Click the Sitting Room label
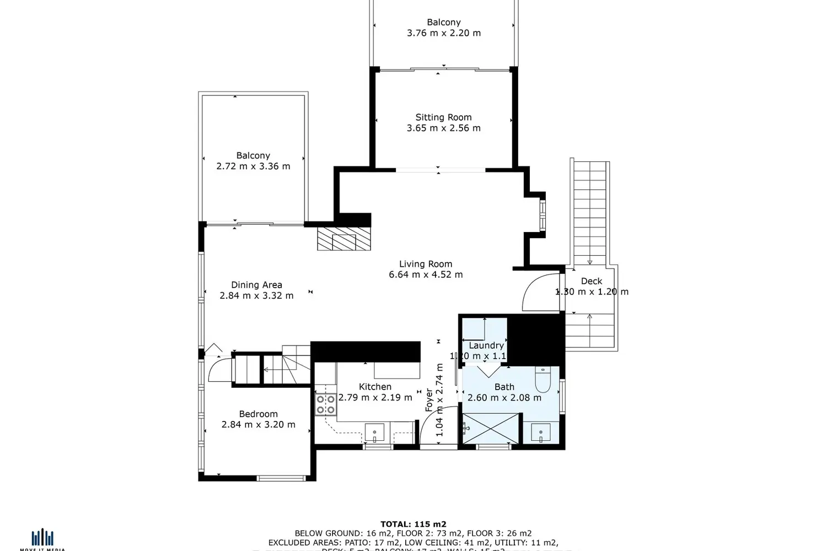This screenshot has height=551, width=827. click(443, 117)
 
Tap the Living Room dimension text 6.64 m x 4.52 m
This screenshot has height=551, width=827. click(426, 274)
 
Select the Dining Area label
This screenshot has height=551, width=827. click(256, 285)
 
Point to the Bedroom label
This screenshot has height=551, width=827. click(258, 414)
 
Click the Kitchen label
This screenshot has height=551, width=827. click(375, 387)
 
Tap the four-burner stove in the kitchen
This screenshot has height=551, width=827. click(326, 404)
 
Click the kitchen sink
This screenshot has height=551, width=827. click(375, 432)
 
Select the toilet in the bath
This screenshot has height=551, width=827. click(543, 379)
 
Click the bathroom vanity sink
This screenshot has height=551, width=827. click(540, 433)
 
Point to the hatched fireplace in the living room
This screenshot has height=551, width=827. click(344, 238)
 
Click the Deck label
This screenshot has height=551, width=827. click(591, 281)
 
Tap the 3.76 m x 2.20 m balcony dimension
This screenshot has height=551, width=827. click(443, 33)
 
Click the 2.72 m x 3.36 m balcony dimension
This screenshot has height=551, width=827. click(253, 166)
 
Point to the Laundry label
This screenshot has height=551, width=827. click(486, 345)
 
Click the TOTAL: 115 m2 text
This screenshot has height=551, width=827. click(413, 524)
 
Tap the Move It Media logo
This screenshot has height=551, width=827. click(42, 539)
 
